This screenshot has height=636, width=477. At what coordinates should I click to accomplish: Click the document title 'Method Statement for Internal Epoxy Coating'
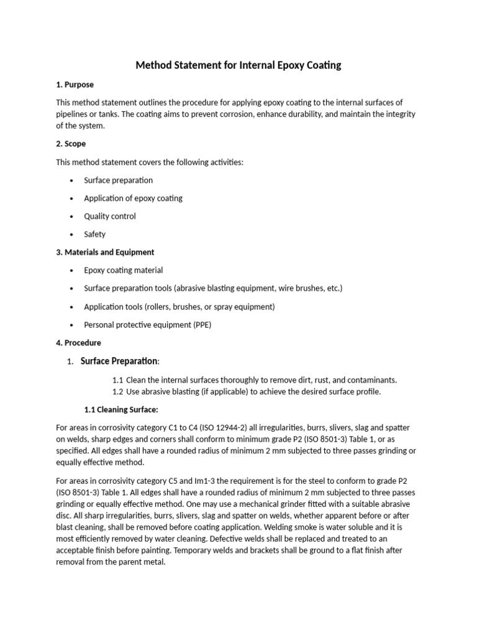coord(238,65)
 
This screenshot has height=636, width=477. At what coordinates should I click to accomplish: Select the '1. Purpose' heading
coord(75,84)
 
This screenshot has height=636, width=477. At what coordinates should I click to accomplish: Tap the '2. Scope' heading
coord(71,144)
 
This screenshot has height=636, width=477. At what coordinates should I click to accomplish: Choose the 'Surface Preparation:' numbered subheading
coord(120,361)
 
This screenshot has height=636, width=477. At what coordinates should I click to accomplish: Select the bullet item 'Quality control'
coord(109,216)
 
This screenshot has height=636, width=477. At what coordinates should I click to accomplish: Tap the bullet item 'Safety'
coord(94,234)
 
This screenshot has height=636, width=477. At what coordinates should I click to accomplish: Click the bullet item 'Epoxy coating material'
coord(123,270)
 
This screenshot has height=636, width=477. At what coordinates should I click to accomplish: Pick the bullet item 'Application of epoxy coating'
coord(133,198)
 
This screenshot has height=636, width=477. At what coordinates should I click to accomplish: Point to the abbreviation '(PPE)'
coord(201,324)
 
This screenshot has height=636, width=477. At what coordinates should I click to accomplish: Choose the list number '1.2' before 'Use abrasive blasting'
coord(118,391)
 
